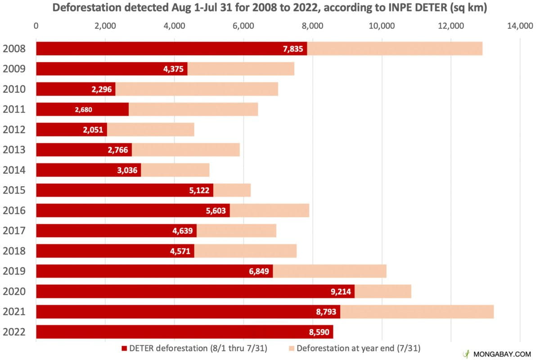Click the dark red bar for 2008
(171, 49)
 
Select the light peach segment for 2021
(417, 311)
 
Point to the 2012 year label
(13, 130)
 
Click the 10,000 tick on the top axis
(382, 26)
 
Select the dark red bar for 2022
(184, 332)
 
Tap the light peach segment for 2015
(232, 190)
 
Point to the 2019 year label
(13, 271)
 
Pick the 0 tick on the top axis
(36, 26)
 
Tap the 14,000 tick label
(520, 26)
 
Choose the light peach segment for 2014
(175, 170)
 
